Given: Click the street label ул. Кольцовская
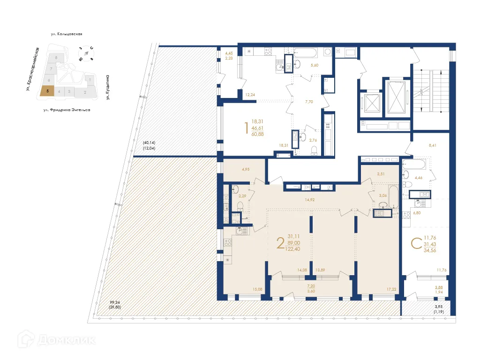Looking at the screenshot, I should coord(67,34).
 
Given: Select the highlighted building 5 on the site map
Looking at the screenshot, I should coord(47,91).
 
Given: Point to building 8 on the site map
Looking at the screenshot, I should coord(56,58).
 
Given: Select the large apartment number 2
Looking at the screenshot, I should coord(280,243).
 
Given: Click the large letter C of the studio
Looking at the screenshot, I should coord(415,243).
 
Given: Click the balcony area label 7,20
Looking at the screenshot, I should coord(311,285).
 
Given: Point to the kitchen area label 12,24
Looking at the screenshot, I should coord(250,95).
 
